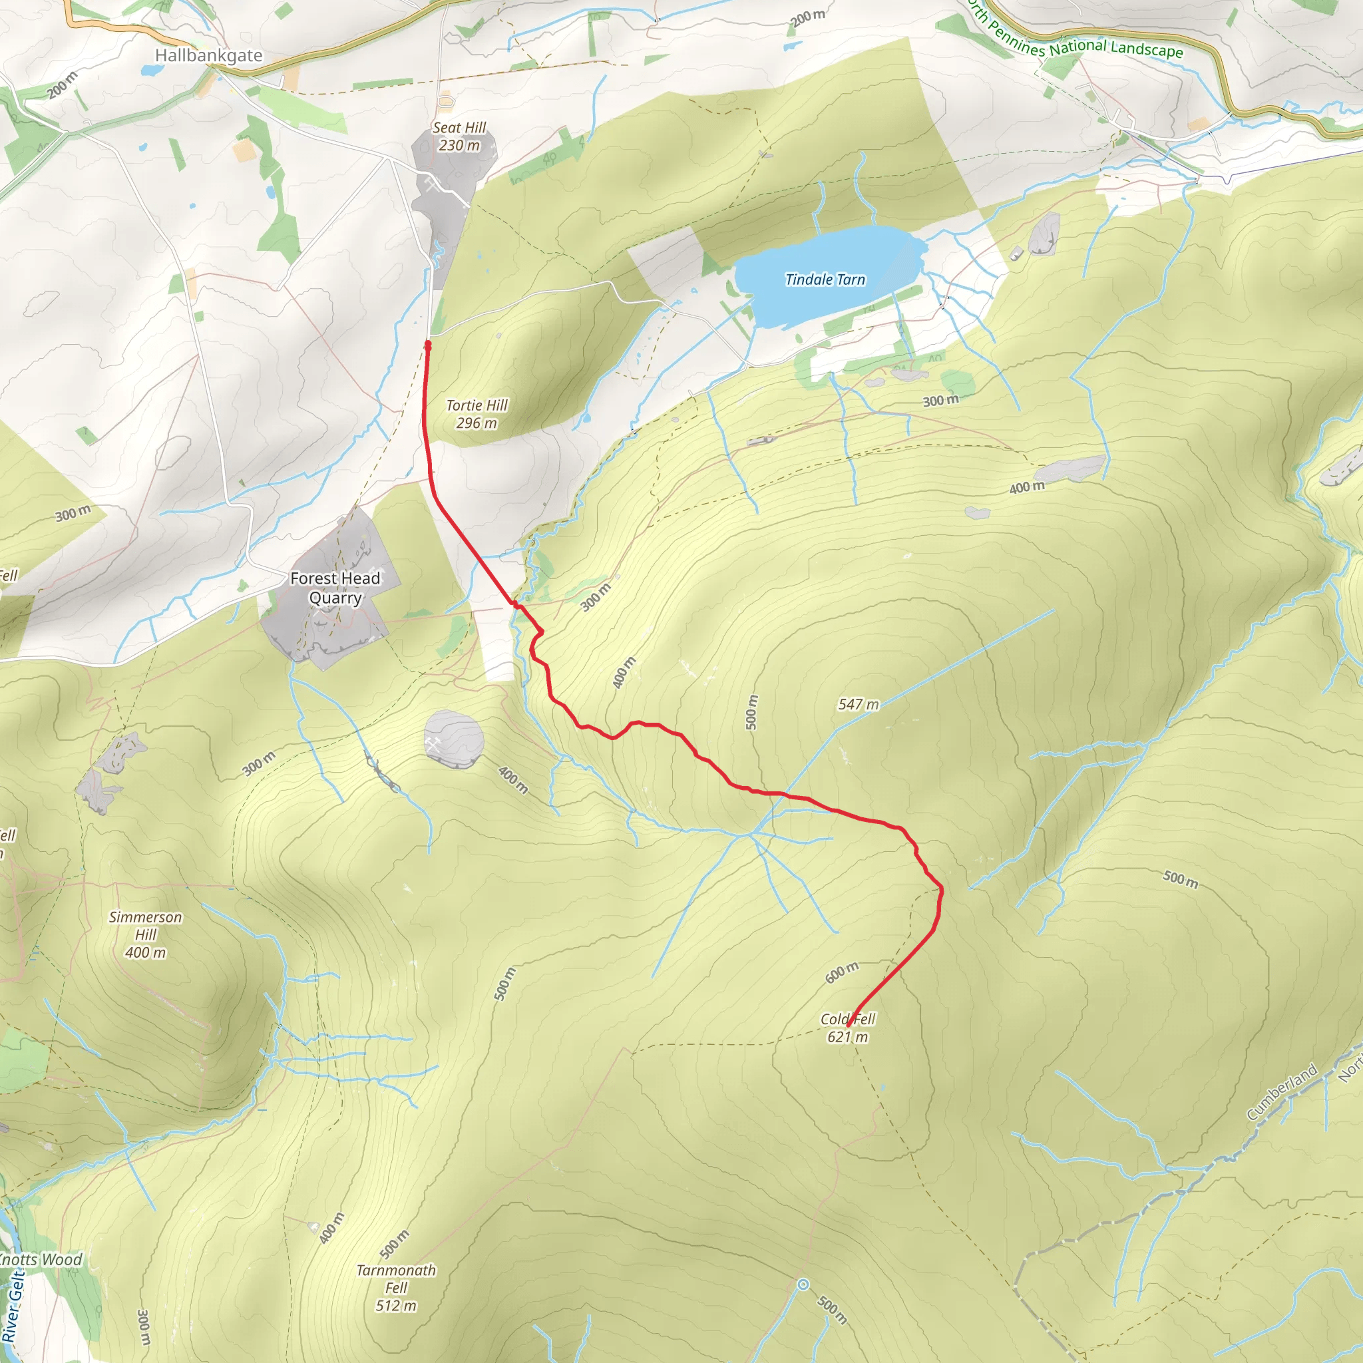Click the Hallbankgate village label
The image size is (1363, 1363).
[208, 56]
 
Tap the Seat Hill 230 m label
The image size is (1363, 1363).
[459, 136]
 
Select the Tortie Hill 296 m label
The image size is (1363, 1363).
[477, 414]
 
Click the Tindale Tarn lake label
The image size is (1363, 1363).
[825, 280]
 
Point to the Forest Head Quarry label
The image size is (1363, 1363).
[335, 588]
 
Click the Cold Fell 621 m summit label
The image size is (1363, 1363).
[847, 1028]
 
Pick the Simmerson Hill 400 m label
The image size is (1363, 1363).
[145, 935]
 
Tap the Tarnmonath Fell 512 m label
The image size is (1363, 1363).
[396, 1288]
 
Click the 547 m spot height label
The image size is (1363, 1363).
[859, 705]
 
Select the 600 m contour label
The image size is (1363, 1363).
[842, 972]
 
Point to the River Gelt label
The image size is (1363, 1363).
[13, 1306]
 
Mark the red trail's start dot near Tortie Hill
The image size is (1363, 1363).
[427, 344]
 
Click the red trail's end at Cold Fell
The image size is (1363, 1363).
[849, 1024]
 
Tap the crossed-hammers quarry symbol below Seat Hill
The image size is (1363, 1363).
[432, 186]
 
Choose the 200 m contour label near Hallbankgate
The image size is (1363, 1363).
[63, 85]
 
